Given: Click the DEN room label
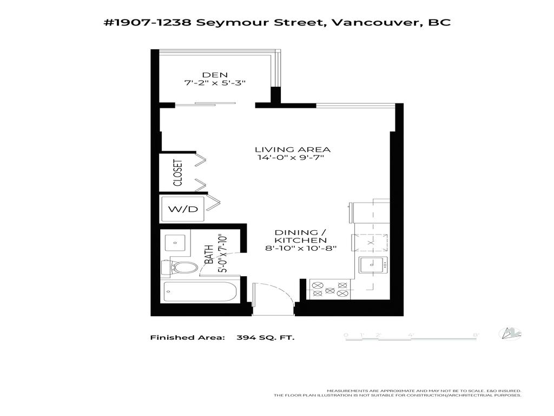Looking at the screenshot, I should (x=215, y=75).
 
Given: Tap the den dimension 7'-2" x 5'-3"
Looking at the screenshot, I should (x=215, y=84).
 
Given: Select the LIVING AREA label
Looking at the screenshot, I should (x=293, y=149).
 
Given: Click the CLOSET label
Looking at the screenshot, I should (x=177, y=173).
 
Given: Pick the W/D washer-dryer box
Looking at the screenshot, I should (x=182, y=209).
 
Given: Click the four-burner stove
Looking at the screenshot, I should (x=330, y=288).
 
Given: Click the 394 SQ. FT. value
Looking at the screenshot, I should (x=266, y=337).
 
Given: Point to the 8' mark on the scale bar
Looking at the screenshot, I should (x=476, y=335).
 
